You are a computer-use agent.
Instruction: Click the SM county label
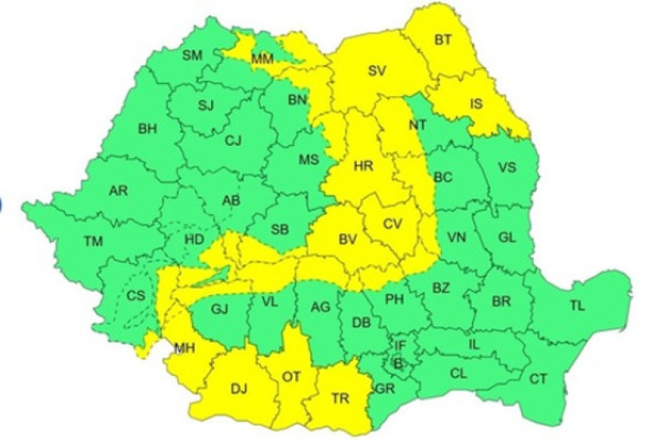point(192,55)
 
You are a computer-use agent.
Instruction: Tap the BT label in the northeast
point(443,38)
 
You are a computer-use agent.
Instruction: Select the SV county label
point(376,71)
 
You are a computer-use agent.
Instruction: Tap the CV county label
point(393,223)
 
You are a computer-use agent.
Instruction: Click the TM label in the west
point(95,240)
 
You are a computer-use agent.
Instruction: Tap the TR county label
point(342,399)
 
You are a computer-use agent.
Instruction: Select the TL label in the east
point(578,306)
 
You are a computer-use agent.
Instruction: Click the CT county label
point(539,378)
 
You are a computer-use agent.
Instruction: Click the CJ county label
point(234,142)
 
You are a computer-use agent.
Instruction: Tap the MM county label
point(262,59)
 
